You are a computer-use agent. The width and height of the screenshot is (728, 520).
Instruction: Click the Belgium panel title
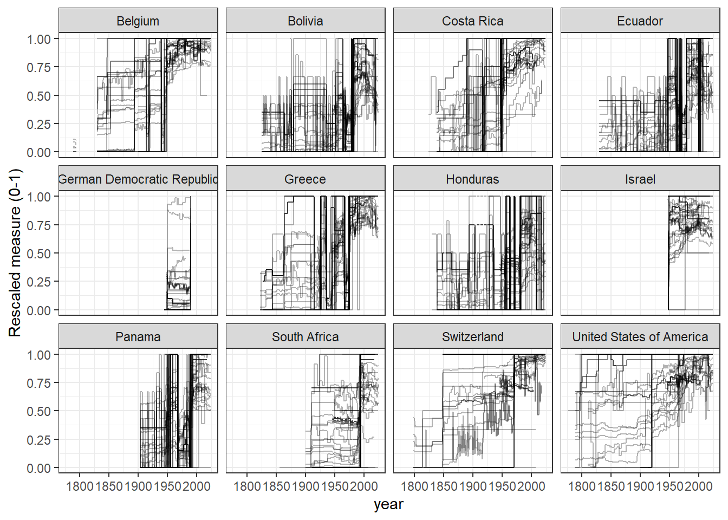click(138, 21)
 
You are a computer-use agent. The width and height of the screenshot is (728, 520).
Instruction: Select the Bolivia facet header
click(305, 21)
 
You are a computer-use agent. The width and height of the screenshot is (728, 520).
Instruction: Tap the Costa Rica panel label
click(473, 21)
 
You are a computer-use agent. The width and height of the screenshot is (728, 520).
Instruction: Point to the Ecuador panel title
click(640, 21)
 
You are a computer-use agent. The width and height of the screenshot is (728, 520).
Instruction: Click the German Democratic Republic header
click(138, 179)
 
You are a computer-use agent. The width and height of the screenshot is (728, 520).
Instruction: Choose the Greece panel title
click(305, 179)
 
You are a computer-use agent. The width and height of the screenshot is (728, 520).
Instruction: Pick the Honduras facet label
click(473, 179)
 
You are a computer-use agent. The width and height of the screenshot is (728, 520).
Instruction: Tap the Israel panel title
click(640, 179)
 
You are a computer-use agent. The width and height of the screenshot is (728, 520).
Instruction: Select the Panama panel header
click(138, 337)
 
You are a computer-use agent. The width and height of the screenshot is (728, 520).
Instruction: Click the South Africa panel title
click(305, 337)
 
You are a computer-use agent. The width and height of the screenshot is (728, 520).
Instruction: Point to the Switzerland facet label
click(473, 337)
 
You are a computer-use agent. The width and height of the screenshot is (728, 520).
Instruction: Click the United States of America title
click(640, 337)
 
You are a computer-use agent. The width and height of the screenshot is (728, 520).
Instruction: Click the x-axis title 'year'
click(388, 504)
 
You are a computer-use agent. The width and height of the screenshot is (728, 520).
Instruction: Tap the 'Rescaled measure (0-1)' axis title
click(15, 253)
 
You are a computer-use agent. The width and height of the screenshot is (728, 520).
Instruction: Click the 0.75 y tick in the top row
click(39, 67)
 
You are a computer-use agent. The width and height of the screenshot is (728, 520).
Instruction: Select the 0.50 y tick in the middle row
click(39, 253)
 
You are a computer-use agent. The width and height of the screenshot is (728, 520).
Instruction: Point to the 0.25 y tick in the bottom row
click(39, 440)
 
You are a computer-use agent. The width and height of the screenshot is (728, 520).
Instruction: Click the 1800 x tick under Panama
click(80, 486)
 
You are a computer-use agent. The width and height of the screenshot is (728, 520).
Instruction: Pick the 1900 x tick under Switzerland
click(473, 486)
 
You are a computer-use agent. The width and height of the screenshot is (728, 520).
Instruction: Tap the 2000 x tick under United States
click(698, 486)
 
